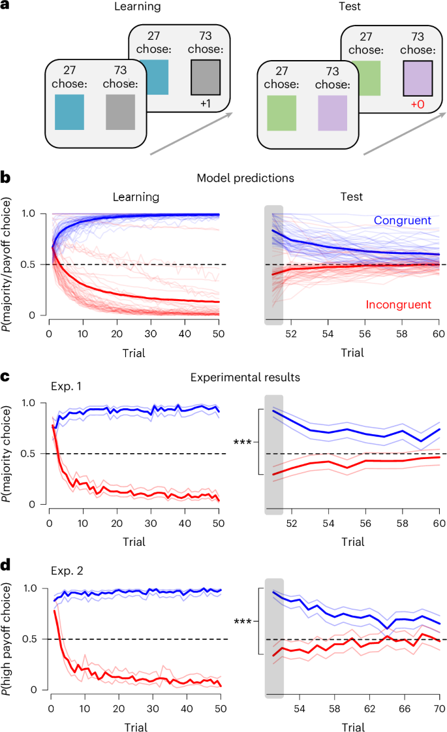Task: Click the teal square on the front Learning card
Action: point(69,112)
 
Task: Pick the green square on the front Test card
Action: point(283,112)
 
